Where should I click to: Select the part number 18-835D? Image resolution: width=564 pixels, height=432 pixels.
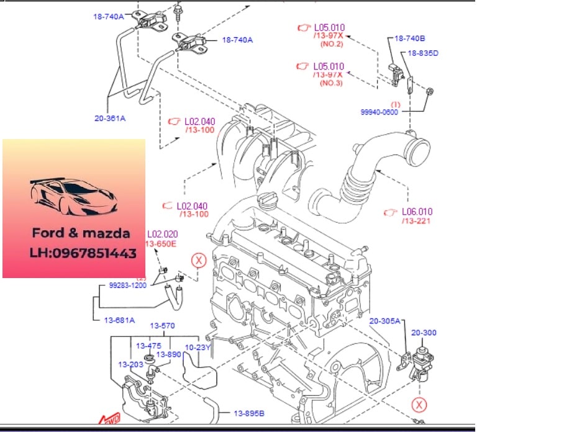422,53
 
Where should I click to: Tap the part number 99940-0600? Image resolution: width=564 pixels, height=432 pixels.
380,112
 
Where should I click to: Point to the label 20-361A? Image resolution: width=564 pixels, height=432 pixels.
110,117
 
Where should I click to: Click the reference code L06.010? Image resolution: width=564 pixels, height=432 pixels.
416,212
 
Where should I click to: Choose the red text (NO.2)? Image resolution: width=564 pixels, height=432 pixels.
331,45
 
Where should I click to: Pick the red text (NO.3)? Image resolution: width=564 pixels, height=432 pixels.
331,83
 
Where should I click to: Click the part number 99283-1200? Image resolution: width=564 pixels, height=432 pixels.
128,286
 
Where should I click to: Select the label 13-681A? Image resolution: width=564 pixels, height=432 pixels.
117,320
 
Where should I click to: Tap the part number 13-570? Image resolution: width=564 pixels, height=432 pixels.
162,326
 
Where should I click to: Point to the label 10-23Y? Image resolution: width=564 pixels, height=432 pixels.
198,347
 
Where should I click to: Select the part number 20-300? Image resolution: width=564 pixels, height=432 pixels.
424,333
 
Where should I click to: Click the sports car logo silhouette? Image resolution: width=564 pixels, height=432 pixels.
74,194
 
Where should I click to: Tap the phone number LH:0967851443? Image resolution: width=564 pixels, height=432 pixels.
83,253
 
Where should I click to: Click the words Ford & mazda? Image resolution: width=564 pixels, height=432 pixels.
81,233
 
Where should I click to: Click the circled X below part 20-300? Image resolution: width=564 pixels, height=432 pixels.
421,405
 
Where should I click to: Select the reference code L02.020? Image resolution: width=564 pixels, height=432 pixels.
162,235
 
